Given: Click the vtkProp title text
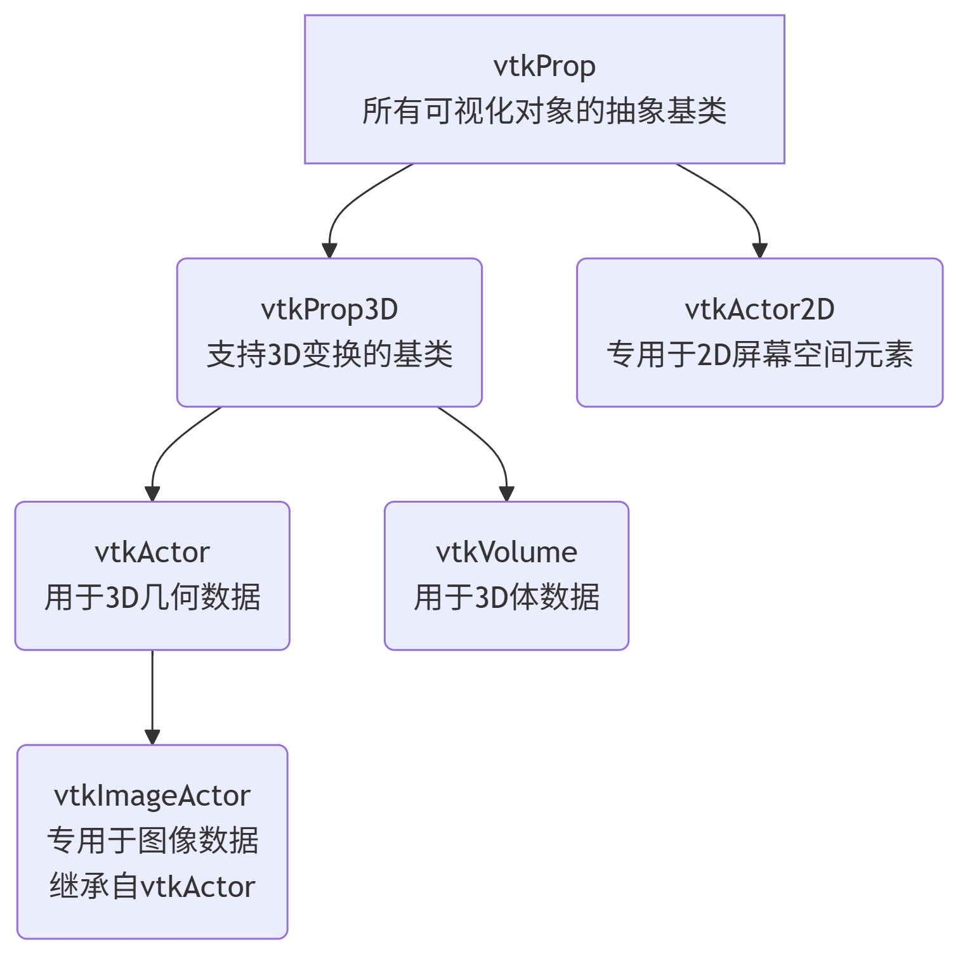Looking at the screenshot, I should pos(544,67).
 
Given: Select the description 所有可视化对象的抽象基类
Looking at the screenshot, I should pos(544,112).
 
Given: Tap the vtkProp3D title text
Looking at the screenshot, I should pos(329,310).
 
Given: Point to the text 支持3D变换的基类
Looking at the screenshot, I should pos(329,354).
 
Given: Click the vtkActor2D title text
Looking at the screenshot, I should pos(759,310).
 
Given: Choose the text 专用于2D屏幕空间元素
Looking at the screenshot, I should pos(759,354).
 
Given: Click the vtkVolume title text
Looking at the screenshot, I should pos(506,553).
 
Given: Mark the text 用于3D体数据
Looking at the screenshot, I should pos(506,597).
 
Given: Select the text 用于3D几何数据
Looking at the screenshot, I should pos(152,597).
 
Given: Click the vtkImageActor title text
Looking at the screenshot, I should pos(152,796).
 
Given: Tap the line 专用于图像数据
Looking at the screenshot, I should pos(152,841).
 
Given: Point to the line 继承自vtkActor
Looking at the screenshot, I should pos(152,886).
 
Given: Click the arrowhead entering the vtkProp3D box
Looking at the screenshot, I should pos(329,250).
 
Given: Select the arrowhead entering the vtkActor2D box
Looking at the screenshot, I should pos(759,250).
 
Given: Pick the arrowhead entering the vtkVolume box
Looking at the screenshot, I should pos(506,493).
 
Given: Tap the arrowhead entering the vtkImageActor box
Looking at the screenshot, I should pos(152,737).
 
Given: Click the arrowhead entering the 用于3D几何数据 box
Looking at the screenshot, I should pos(152,493).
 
